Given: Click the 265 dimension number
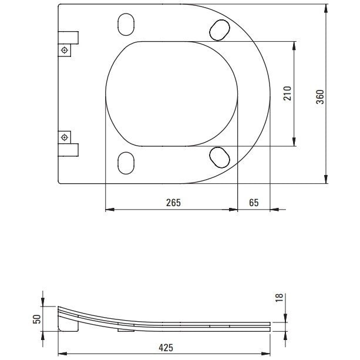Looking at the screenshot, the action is point(173,203).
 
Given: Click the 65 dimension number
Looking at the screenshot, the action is point(254,203).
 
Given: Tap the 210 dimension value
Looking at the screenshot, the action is point(287,93).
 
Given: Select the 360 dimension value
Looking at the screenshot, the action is point(320,97).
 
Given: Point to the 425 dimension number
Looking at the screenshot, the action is point(166,348).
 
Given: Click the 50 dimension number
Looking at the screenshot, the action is point(37,319).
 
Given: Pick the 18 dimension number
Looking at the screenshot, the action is point(279,298).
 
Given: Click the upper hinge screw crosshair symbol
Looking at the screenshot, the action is point(64,50).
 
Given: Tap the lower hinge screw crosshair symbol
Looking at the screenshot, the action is point(64,137).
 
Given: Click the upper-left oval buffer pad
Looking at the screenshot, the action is point(126,24).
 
